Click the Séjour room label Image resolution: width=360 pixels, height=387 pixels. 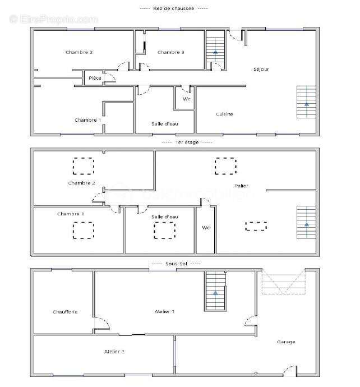(261, 70)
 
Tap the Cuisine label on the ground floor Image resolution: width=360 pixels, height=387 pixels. (224, 114)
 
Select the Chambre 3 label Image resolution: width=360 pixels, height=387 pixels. (171, 53)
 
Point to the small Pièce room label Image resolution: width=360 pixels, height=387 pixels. (95, 78)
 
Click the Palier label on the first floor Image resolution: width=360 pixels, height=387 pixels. (242, 186)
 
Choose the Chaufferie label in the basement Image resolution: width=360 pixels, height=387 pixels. (65, 312)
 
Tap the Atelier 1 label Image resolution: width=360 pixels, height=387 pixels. (165, 311)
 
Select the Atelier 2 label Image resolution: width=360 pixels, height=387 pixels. (114, 352)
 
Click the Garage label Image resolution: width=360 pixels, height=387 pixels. (285, 342)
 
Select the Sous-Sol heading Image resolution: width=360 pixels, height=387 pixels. (176, 263)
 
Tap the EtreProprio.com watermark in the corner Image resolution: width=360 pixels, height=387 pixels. (53, 19)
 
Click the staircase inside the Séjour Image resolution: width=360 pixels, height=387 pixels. (306, 102)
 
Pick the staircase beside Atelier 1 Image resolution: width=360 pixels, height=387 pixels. (215, 291)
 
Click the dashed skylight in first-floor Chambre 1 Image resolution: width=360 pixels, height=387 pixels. (84, 231)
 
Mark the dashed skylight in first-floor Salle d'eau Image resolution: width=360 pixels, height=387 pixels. (164, 230)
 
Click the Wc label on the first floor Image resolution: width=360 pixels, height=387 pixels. (205, 228)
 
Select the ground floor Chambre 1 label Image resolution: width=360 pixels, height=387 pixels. (88, 120)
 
